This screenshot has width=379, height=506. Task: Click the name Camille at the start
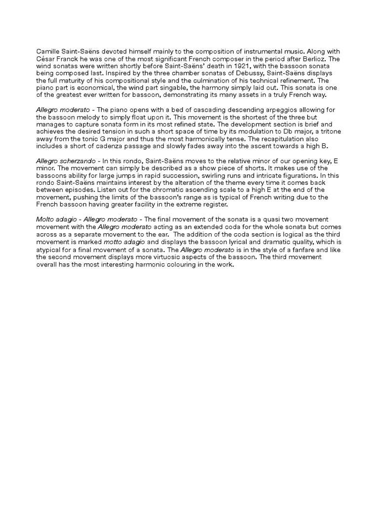pyautogui.click(x=48, y=51)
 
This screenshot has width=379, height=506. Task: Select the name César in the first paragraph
pyautogui.click(x=46, y=59)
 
